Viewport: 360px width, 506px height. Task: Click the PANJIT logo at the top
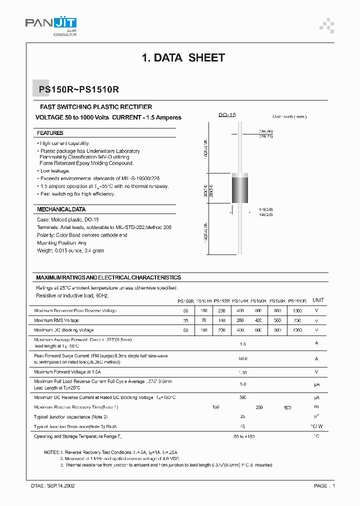51,23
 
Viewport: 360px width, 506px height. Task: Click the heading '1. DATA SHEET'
183,58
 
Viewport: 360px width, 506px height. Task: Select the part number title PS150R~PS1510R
78,90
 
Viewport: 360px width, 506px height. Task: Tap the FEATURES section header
50,133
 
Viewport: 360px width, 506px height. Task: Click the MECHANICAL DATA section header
61,209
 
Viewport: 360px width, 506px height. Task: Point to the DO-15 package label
226,115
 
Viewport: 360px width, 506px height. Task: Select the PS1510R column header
297,301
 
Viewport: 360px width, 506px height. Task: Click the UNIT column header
318,300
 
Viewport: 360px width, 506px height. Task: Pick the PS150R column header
185,301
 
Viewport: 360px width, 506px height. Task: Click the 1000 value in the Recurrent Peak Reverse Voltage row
297,311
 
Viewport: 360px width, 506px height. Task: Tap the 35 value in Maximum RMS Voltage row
185,320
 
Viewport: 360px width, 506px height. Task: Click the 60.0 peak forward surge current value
242,358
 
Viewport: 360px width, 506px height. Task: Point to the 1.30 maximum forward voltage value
242,372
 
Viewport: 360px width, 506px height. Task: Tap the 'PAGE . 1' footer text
324,485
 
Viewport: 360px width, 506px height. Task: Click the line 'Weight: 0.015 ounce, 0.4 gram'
70,250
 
